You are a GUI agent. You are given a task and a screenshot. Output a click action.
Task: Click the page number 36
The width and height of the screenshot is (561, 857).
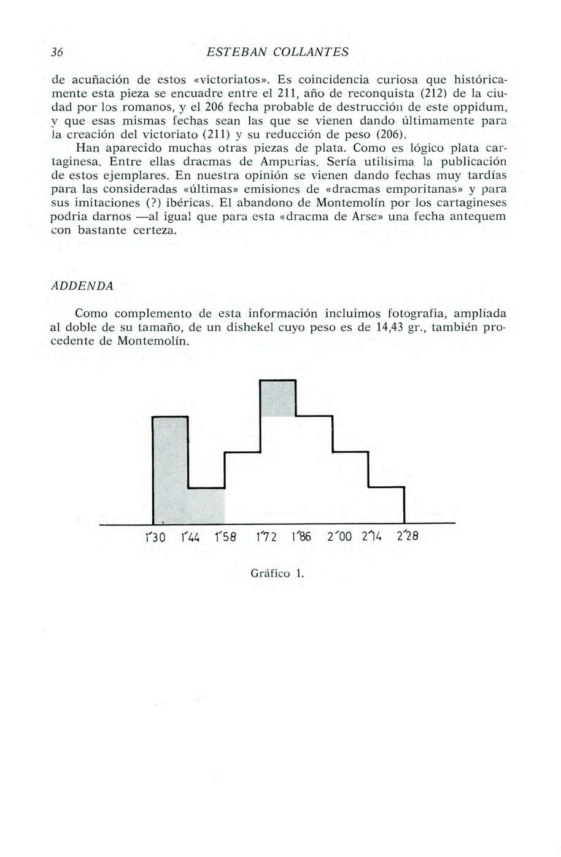click(58, 52)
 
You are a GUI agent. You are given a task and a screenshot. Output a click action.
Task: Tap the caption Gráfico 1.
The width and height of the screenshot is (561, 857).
click(278, 574)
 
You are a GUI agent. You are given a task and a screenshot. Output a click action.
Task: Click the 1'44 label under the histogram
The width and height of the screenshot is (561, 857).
click(192, 538)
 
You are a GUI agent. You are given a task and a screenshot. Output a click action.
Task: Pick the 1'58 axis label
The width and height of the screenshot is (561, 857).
click(226, 538)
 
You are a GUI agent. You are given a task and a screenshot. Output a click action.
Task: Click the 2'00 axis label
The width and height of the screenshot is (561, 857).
click(339, 538)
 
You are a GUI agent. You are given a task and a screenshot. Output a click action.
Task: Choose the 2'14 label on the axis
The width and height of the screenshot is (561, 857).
click(372, 538)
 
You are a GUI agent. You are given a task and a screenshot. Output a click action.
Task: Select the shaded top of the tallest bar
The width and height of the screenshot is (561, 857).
click(278, 398)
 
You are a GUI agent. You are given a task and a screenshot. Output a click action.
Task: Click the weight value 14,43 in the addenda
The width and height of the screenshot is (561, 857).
click(388, 327)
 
